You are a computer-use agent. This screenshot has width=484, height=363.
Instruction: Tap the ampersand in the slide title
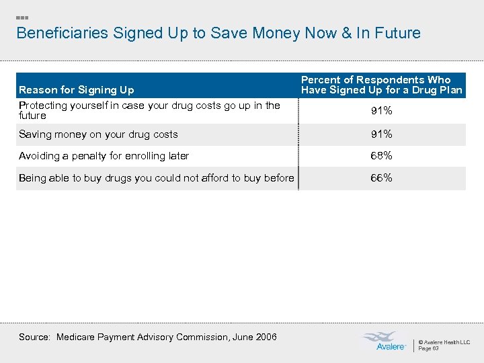[x=348, y=33]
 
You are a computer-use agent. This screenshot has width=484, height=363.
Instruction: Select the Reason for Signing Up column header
[x=77, y=89]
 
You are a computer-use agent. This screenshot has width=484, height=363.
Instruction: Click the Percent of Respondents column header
[x=381, y=85]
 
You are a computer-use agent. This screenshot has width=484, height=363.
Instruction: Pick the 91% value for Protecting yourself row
[x=381, y=111]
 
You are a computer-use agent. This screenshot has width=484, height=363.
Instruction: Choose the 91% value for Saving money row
[x=381, y=134]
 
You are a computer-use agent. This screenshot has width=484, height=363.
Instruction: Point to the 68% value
[x=381, y=156]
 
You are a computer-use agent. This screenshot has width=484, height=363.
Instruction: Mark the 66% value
[x=381, y=178]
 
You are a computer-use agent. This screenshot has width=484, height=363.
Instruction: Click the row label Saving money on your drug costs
[x=98, y=134]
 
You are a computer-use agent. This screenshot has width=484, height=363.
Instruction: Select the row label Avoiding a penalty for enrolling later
[x=104, y=156]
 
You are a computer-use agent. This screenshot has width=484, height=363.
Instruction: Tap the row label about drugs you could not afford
[x=156, y=178]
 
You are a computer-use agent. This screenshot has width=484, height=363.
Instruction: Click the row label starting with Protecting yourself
[x=149, y=110]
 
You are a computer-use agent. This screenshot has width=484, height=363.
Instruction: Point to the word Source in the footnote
[x=34, y=337]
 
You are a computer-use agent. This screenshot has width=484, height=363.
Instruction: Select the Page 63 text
[x=429, y=348]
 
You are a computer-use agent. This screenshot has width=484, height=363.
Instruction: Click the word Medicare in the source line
[x=79, y=337]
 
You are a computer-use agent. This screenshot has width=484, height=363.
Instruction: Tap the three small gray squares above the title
[x=22, y=16]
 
